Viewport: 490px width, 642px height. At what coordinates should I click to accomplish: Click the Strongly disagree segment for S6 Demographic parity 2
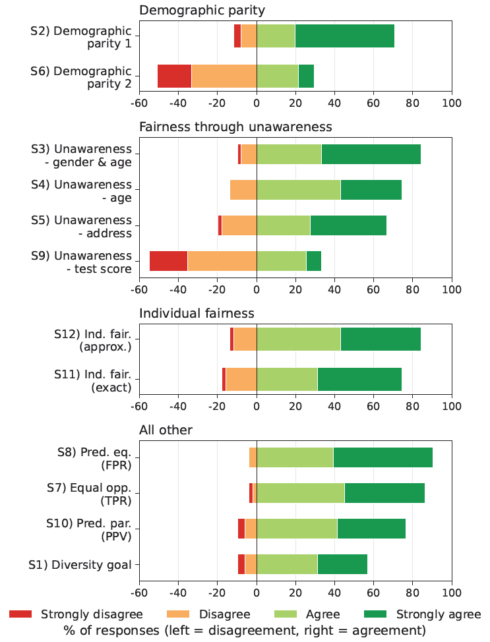pos(174,76)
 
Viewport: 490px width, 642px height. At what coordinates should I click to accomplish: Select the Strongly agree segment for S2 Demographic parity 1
pos(344,36)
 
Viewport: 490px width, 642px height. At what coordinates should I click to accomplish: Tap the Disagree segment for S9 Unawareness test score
pos(222,261)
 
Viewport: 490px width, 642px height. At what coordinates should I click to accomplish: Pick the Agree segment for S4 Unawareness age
pos(298,190)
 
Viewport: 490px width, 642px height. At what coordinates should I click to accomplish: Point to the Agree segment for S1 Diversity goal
pos(287,564)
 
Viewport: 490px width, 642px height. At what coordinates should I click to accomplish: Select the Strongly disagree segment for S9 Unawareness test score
pos(168,261)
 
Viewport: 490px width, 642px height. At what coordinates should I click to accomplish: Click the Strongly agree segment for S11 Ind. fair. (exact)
pos(359,380)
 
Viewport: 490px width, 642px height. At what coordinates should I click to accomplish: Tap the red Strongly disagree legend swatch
pos(22,614)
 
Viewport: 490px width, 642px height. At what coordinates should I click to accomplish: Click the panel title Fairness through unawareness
pos(235,126)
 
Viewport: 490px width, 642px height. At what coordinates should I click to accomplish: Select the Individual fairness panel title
pos(197,313)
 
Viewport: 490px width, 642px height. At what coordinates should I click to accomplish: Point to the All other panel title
pos(166,430)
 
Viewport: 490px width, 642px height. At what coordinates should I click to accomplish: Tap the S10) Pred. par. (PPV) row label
pos(89,529)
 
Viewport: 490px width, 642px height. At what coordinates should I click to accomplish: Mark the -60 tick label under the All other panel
pos(139,591)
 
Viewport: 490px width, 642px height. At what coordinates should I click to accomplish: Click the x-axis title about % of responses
pos(245,631)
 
